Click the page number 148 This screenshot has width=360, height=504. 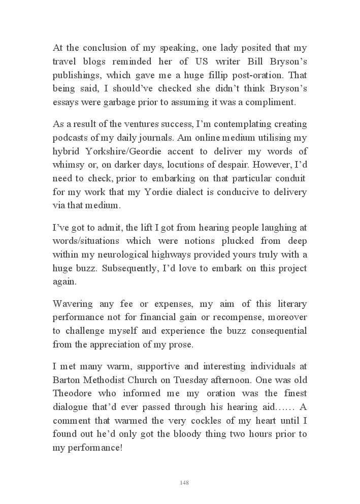click(x=184, y=482)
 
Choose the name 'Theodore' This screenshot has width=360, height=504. click(x=72, y=393)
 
